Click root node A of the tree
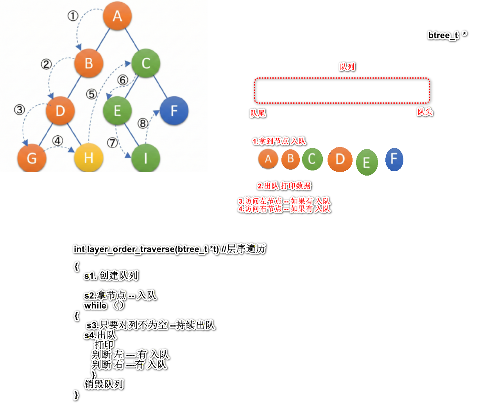point(117,16)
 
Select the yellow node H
point(89,158)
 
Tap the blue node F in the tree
point(174,111)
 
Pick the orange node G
point(32,158)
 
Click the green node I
point(145,158)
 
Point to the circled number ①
point(73,16)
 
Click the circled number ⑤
point(91,94)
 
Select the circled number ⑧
point(143,124)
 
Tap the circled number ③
point(20,109)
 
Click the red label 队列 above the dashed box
point(347,67)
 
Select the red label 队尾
point(258,113)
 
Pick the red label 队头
point(425,112)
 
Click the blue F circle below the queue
point(394,159)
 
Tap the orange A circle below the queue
point(268,159)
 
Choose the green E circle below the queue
point(367,162)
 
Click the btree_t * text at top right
point(447,35)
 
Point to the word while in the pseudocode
point(95,306)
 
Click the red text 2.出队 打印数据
point(284,186)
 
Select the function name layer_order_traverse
point(131,249)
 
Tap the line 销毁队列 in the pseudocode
point(104,384)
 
